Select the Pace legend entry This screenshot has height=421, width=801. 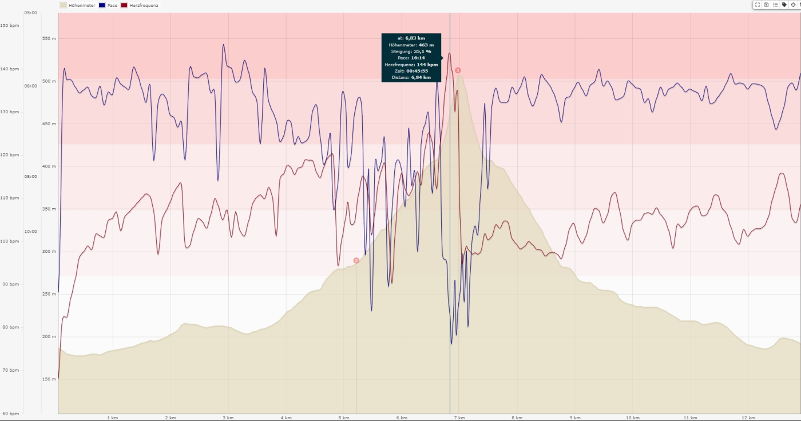pyautogui.click(x=112, y=5)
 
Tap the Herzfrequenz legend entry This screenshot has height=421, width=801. pyautogui.click(x=144, y=5)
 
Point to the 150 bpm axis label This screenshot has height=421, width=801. pyautogui.click(x=10, y=26)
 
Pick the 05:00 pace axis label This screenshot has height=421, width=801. pyautogui.click(x=31, y=13)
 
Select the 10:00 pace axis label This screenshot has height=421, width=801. pyautogui.click(x=31, y=232)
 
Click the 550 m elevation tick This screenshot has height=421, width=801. pyautogui.click(x=50, y=39)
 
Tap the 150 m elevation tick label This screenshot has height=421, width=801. pyautogui.click(x=50, y=379)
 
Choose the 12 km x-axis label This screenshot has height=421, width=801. pyautogui.click(x=749, y=418)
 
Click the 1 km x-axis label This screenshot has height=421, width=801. pyautogui.click(x=113, y=418)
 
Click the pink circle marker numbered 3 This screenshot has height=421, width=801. pyautogui.click(x=458, y=70)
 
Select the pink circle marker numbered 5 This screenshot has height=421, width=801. pyautogui.click(x=356, y=260)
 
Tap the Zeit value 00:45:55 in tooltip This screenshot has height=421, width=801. pyautogui.click(x=417, y=71)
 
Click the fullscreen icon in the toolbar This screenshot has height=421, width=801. pyautogui.click(x=758, y=5)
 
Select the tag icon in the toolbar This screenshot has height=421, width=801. pyautogui.click(x=784, y=5)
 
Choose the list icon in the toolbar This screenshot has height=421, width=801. pyautogui.click(x=775, y=5)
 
